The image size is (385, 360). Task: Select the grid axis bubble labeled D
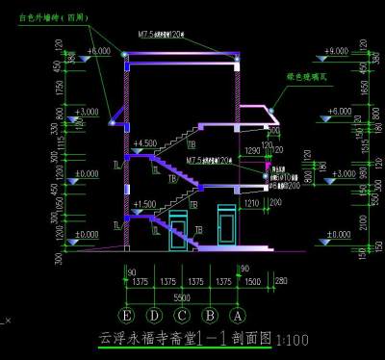point(153,316)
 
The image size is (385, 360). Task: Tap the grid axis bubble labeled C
point(181,316)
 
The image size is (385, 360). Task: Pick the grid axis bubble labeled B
point(209,316)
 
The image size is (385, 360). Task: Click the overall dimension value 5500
point(181,298)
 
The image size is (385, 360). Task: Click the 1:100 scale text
point(293,339)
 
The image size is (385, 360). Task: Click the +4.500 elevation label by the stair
point(145,143)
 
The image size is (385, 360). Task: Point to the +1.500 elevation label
point(144,204)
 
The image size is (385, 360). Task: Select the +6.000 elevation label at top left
point(98,50)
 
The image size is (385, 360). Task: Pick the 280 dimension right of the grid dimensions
point(280,280)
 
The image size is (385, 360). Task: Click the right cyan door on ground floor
point(228,227)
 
